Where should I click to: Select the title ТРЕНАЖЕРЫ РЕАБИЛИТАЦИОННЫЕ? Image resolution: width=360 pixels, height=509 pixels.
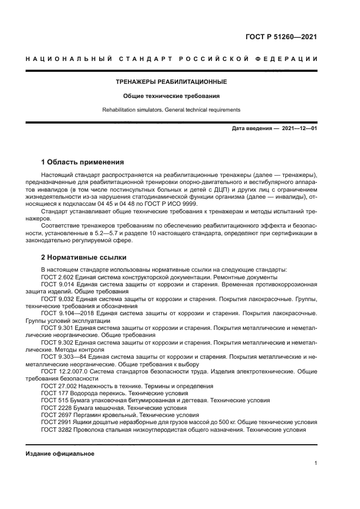pos(170,82)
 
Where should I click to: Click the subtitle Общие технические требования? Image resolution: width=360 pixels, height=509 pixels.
pos(170,96)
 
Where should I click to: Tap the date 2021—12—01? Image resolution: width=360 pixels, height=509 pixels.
pos(299,129)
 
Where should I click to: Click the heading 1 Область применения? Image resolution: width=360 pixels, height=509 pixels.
pos(82,162)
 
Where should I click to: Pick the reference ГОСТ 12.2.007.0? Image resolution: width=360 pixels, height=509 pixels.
pos(65,371)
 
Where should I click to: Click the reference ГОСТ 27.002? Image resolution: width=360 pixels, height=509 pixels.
pos(58,385)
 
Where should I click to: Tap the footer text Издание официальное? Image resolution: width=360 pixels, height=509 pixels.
pos(60,453)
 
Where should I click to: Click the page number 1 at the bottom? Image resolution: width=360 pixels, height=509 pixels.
pos(315,463)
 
